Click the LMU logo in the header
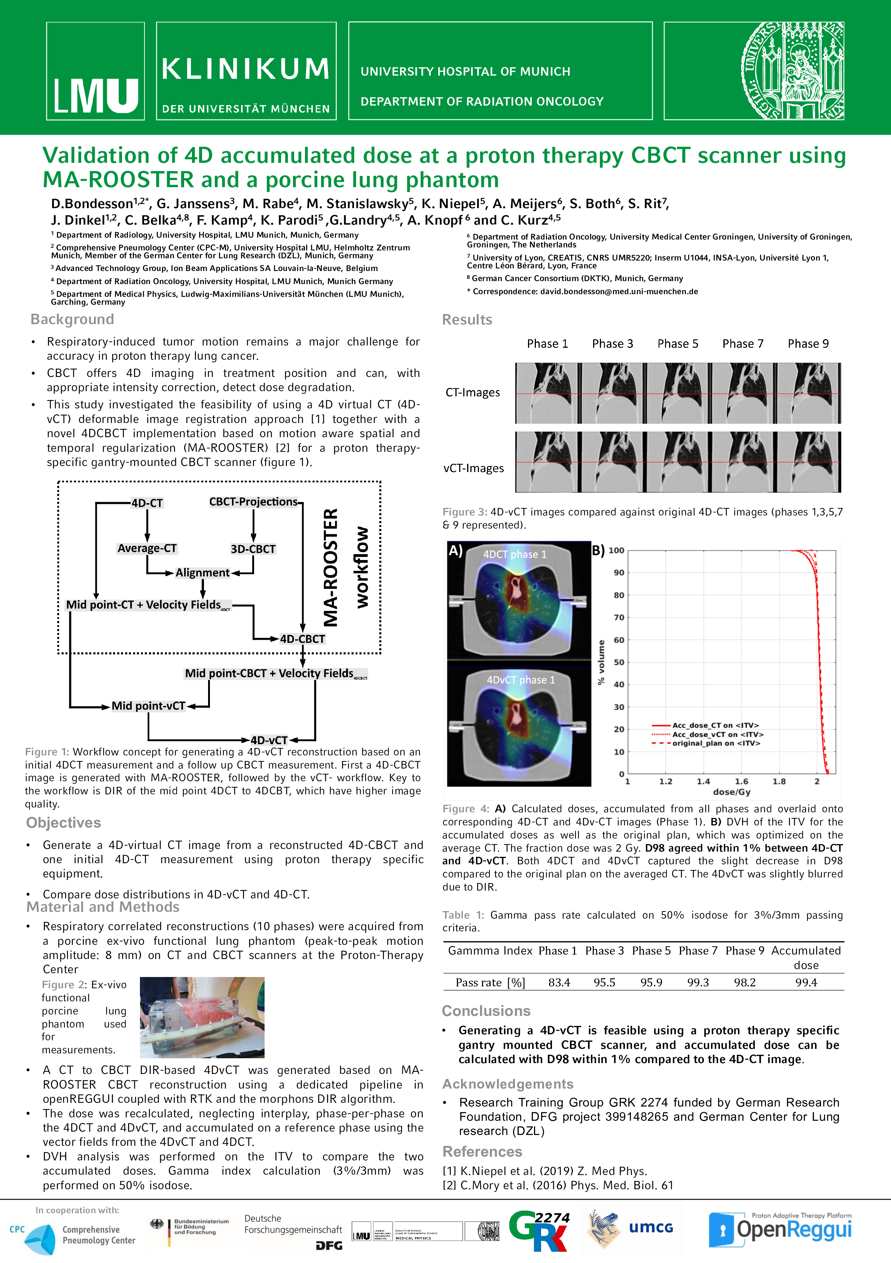[96, 71]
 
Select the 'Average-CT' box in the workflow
[147, 548]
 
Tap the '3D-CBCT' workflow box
[253, 549]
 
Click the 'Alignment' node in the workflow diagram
[202, 573]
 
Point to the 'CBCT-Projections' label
[253, 502]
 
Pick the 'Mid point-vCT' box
[149, 706]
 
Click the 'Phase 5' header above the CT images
[678, 344]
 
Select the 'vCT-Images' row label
[473, 468]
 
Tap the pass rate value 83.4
[559, 983]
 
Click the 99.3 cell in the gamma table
[698, 983]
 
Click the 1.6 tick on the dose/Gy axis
[741, 781]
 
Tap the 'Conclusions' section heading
[486, 1011]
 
